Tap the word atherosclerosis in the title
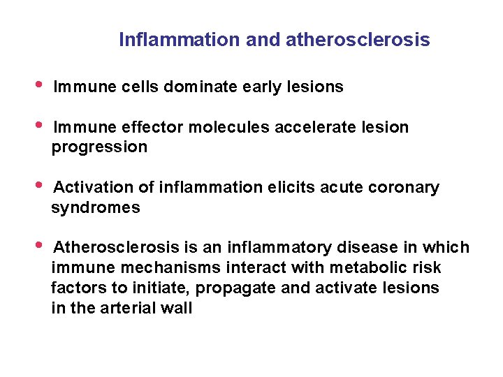tap(358, 40)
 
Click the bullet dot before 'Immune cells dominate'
tap(39, 84)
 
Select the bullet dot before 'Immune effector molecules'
tap(39, 125)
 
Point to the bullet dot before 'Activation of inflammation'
tap(39, 185)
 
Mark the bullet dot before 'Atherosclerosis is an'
tap(39, 245)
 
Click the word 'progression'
tap(99, 147)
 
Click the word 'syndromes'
tap(96, 208)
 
